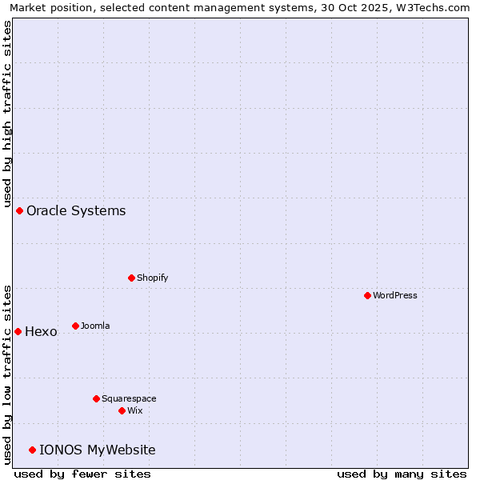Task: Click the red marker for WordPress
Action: click(367, 295)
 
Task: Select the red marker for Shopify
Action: click(131, 278)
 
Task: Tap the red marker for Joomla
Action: click(75, 326)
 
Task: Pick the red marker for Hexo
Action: click(18, 331)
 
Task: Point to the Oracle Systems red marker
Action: click(19, 210)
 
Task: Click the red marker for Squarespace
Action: click(96, 398)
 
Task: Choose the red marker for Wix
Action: click(122, 410)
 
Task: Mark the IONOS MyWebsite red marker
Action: click(32, 450)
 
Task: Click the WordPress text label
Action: click(395, 295)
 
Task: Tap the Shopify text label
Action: click(152, 278)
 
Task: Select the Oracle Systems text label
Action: click(76, 211)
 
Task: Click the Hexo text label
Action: click(41, 332)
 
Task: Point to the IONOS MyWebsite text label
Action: click(98, 450)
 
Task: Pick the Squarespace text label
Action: click(129, 398)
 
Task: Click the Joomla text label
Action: click(95, 326)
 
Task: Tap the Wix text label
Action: click(135, 410)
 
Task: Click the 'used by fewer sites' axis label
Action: click(82, 474)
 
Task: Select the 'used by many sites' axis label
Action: click(402, 474)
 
